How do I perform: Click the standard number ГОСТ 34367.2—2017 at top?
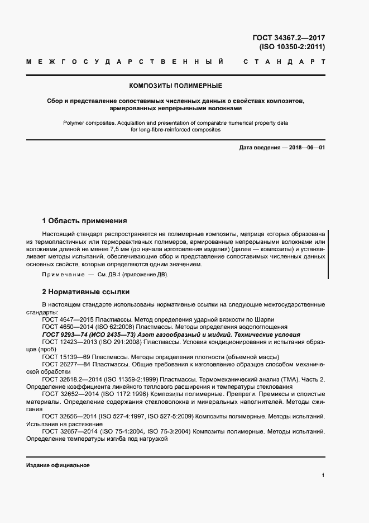pyautogui.click(x=289, y=38)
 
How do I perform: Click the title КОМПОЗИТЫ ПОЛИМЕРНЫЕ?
pyautogui.click(x=175, y=86)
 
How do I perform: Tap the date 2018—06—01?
pyautogui.click(x=306, y=147)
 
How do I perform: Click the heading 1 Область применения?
pyautogui.click(x=85, y=220)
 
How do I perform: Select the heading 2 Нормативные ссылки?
pyautogui.click(x=86, y=291)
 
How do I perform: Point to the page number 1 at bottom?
pyautogui.click(x=323, y=475)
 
